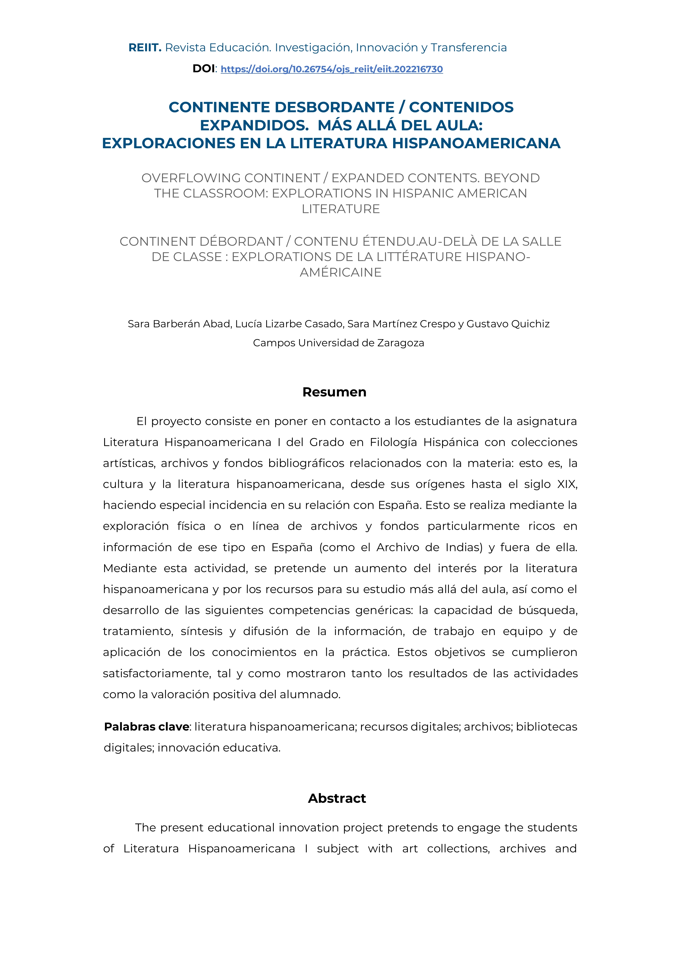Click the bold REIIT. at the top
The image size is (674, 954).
pyautogui.click(x=145, y=48)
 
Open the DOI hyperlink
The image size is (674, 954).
pyautogui.click(x=331, y=69)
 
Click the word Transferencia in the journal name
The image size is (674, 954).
pyautogui.click(x=468, y=48)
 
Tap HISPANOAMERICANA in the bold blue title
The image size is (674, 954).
pyautogui.click(x=476, y=143)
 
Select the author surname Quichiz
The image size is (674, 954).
pyautogui.click(x=529, y=324)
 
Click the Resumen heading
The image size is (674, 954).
pyautogui.click(x=334, y=392)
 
